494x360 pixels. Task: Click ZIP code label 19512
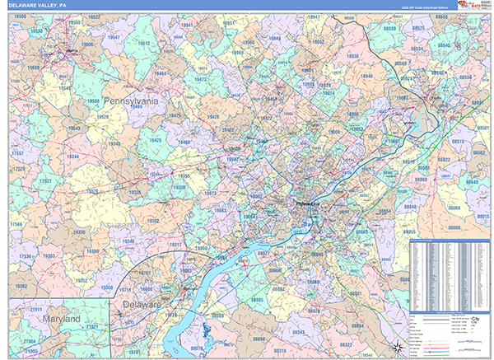click(144, 43)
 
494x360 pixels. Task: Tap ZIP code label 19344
click(73, 156)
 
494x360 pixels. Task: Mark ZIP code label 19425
click(156, 140)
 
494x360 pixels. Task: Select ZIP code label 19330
click(78, 232)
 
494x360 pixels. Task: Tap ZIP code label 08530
click(388, 28)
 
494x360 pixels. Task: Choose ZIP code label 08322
click(347, 344)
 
